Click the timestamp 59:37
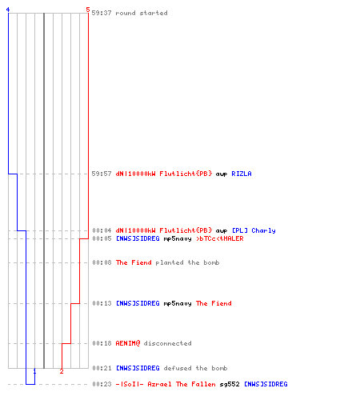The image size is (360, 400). point(102,13)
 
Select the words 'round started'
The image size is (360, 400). point(142,13)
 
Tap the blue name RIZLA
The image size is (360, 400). point(242,174)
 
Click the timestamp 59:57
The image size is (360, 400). point(102,174)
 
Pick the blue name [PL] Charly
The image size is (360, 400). point(254,230)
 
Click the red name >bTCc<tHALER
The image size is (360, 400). point(220,238)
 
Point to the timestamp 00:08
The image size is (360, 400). point(102,262)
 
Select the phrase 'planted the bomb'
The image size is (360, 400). point(187,262)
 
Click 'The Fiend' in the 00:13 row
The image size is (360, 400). point(214,303)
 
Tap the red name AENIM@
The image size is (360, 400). point(128,343)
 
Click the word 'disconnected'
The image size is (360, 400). point(167,343)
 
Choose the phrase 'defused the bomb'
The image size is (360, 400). point(195,368)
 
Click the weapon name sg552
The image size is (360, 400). point(230,384)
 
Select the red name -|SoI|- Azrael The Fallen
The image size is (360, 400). point(166,384)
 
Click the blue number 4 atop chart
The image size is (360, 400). point(8,10)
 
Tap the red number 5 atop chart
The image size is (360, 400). point(88,10)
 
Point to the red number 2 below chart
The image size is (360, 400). point(62,371)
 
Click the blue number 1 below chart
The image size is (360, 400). point(34,371)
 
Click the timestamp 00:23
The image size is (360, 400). point(102,384)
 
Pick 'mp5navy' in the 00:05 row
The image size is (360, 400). point(178,239)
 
